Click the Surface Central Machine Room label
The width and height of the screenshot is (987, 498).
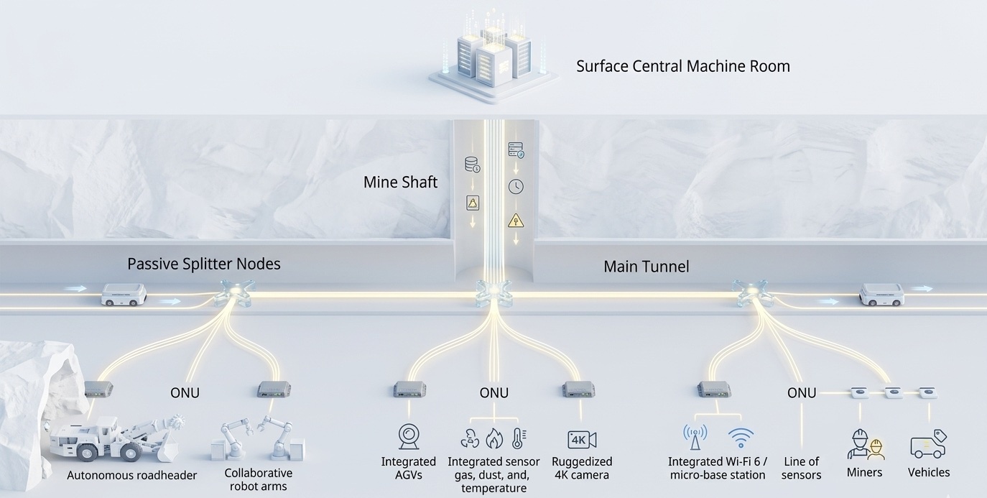tap(682, 66)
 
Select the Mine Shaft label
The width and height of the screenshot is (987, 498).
tap(400, 182)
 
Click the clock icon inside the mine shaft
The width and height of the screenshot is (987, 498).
tap(516, 187)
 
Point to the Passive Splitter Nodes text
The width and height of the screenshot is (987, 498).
tap(203, 264)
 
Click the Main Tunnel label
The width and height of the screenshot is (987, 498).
tap(646, 267)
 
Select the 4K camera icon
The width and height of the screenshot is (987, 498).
tap(581, 439)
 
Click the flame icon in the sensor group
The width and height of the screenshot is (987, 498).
tap(493, 438)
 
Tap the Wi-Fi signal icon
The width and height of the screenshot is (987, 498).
tap(741, 437)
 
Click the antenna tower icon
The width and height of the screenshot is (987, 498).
tap(694, 436)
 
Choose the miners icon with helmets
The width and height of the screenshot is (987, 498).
tap(864, 444)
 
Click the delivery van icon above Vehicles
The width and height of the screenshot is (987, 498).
tap(928, 444)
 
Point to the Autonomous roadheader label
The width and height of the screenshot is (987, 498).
tap(131, 475)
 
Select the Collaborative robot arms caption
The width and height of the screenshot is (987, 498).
tap(259, 479)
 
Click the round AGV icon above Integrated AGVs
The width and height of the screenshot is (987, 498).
tap(409, 436)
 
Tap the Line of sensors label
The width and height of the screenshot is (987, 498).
tap(801, 468)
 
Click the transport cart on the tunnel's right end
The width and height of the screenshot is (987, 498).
tap(881, 294)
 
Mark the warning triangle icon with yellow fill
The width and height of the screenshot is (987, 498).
tap(516, 221)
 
